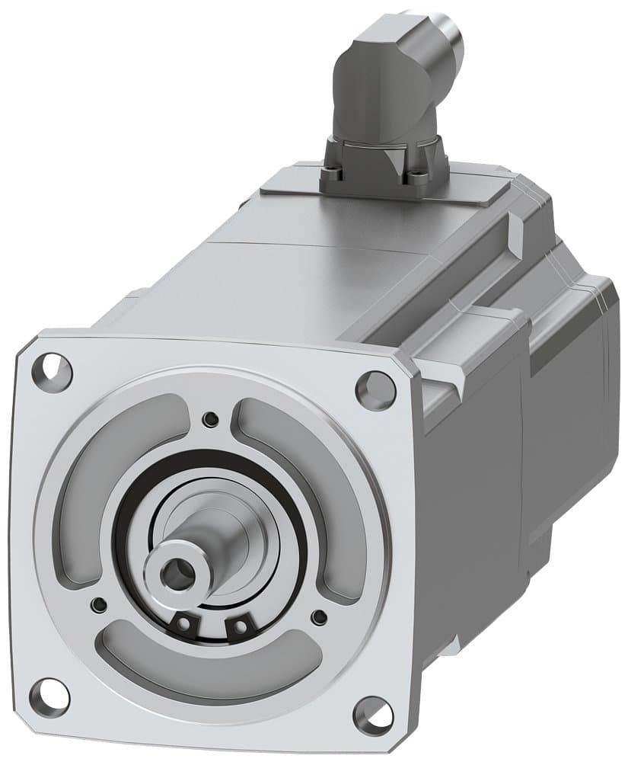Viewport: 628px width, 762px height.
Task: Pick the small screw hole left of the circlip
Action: tap(97, 605)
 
